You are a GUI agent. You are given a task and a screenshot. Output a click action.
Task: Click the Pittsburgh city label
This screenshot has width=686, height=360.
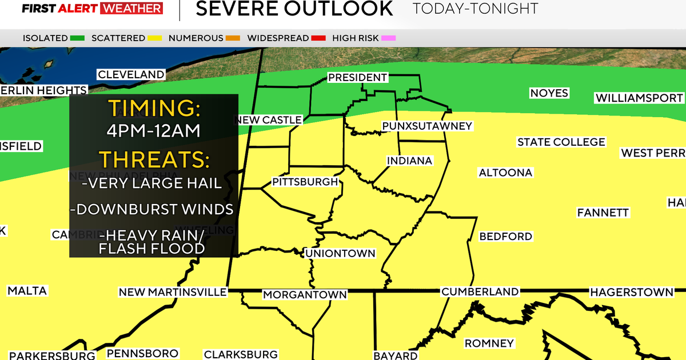point(305,182)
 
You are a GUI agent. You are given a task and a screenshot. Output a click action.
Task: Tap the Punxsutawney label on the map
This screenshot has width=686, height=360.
point(427,126)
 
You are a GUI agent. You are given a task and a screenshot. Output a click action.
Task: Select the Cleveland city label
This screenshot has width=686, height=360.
point(131,74)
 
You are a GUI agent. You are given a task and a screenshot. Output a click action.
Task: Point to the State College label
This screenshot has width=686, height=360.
point(561,142)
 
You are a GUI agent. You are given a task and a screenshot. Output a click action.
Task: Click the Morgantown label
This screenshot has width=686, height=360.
point(305,295)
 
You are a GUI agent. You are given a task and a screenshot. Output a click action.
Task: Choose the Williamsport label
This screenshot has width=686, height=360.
point(639,98)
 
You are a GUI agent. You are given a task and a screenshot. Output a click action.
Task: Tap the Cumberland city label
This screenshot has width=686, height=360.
point(480,292)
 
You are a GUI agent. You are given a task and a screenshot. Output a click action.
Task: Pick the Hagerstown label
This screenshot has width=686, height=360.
point(632,292)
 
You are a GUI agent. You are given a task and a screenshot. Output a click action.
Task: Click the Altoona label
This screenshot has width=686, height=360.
point(505,173)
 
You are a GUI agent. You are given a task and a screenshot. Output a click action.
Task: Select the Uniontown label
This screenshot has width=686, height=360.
point(340,253)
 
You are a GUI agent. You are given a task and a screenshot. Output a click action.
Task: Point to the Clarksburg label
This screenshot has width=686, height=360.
point(241,354)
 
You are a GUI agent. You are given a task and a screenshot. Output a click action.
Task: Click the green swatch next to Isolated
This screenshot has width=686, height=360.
point(78,38)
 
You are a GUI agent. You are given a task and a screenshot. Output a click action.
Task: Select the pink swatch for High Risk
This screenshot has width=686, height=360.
point(389,38)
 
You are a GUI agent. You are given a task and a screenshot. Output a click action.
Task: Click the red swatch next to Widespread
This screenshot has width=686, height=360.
point(319,38)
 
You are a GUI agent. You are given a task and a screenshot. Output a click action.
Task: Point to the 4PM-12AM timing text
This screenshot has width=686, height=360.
point(153,131)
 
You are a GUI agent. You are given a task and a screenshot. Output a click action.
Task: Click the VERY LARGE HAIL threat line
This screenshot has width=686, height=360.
point(151,183)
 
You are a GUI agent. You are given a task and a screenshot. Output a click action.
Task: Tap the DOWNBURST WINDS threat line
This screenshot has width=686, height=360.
point(151,209)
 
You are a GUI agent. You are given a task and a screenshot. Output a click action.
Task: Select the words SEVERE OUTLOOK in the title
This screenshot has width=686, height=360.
point(294,9)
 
